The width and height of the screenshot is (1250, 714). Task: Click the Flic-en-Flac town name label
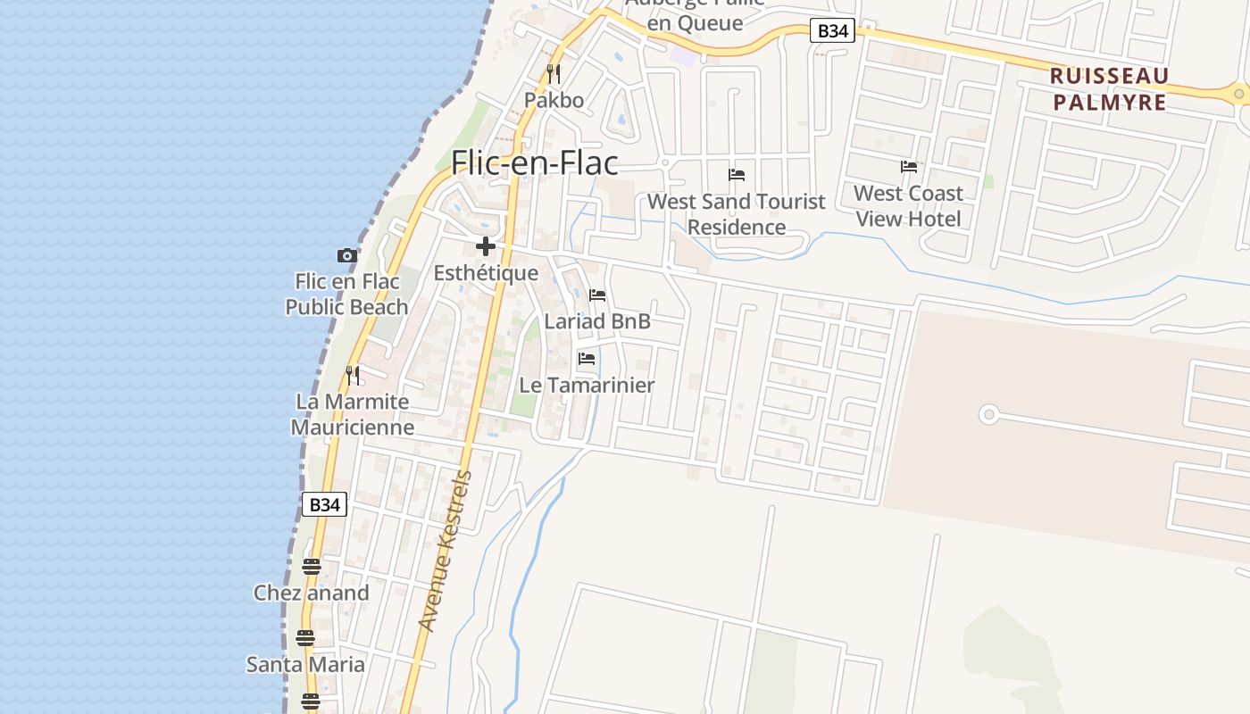(x=534, y=162)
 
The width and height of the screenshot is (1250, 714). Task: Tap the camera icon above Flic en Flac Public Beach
(x=347, y=256)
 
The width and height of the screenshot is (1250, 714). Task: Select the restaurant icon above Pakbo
(x=554, y=73)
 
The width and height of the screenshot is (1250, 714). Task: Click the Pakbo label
(x=554, y=100)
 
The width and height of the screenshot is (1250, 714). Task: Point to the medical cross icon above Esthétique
(x=486, y=246)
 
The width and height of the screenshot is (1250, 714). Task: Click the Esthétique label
(x=486, y=273)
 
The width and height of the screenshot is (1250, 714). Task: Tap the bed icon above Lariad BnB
(x=597, y=295)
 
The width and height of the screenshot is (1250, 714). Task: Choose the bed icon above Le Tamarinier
(x=587, y=359)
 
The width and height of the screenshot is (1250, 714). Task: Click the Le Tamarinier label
(x=587, y=386)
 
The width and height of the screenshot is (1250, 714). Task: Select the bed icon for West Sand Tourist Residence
(x=737, y=175)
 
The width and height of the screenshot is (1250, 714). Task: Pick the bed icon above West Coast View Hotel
(x=909, y=167)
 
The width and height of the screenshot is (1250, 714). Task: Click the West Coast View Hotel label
(x=908, y=206)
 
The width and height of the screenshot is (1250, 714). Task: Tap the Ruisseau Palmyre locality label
(x=1109, y=88)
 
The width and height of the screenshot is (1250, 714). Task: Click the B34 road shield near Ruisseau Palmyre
(x=832, y=31)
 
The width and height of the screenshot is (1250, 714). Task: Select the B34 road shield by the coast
(x=324, y=504)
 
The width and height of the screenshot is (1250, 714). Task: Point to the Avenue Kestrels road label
(x=445, y=551)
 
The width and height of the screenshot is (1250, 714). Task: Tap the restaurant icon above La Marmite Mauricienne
(x=353, y=376)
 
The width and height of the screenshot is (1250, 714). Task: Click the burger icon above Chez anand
(x=311, y=567)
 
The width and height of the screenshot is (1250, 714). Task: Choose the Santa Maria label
(x=305, y=664)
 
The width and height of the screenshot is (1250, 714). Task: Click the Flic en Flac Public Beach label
(x=346, y=295)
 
